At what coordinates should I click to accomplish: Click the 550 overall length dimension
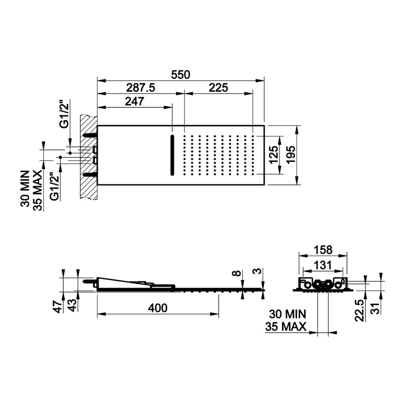click(180, 75)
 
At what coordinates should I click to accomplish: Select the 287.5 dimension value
click(140, 88)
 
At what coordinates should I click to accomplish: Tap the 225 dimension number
click(218, 88)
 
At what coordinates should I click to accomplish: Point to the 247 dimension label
click(135, 102)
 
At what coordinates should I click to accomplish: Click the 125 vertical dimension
click(273, 154)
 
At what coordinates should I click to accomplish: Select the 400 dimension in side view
click(158, 308)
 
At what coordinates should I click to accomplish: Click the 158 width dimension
click(323, 250)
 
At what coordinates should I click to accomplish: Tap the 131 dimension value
click(323, 265)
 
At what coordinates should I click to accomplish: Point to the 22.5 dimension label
click(359, 310)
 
